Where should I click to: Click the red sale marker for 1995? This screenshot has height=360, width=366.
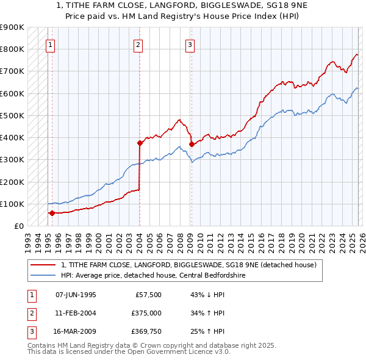pos(52,213)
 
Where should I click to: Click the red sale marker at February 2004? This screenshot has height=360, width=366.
pos(140,143)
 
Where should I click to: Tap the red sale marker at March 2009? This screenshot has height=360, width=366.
pos(192,145)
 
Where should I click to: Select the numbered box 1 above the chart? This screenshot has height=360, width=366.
pos(50,44)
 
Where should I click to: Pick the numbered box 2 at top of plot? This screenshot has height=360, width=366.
pos(138,44)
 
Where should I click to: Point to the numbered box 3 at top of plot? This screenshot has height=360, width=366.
pos(190,44)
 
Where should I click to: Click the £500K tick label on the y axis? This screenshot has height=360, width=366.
pos(12,115)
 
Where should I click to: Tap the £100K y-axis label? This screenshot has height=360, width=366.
pos(12,204)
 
